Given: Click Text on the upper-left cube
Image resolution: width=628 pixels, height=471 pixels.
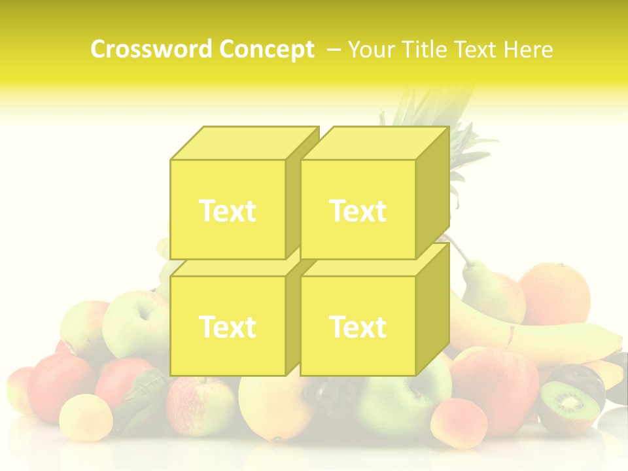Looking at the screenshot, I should [227, 211].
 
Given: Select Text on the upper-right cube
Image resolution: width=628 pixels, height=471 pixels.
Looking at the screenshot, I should [358, 211].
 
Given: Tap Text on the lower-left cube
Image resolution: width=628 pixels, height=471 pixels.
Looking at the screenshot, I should [227, 326].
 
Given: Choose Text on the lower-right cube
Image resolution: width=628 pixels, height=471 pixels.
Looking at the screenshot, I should [358, 326].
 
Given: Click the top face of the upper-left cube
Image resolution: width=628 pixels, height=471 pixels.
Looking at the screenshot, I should [242, 143].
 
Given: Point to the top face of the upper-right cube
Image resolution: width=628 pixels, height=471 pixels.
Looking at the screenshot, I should [373, 143].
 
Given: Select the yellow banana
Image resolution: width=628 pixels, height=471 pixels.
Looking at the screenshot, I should [543, 340].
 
